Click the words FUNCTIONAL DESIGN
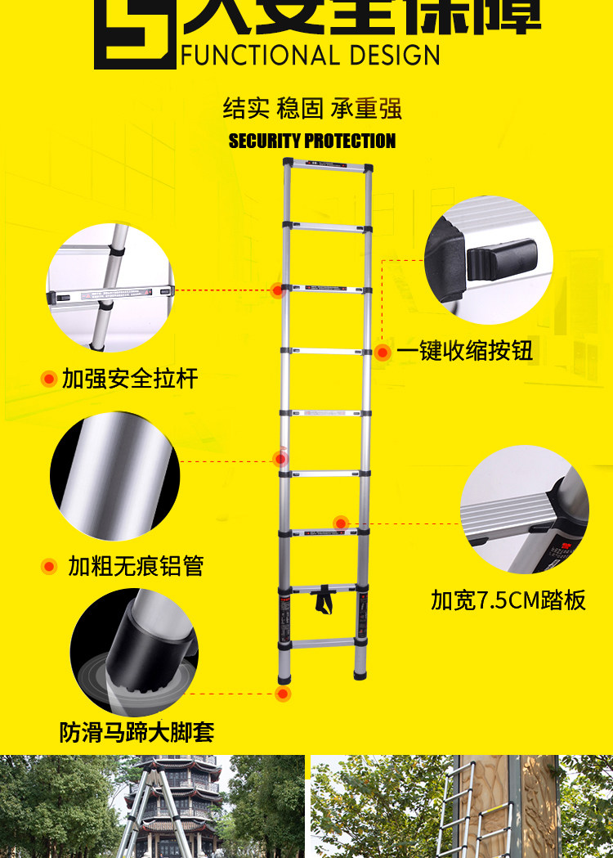310,55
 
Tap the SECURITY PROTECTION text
312,141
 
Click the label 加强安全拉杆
130,379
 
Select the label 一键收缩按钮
465,352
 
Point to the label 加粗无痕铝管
136,566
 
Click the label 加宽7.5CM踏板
508,600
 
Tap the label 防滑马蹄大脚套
136,731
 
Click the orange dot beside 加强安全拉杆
48,379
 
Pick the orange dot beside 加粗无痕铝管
49,566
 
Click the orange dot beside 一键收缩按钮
383,353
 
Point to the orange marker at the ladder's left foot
284,694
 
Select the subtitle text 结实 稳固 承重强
312,109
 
